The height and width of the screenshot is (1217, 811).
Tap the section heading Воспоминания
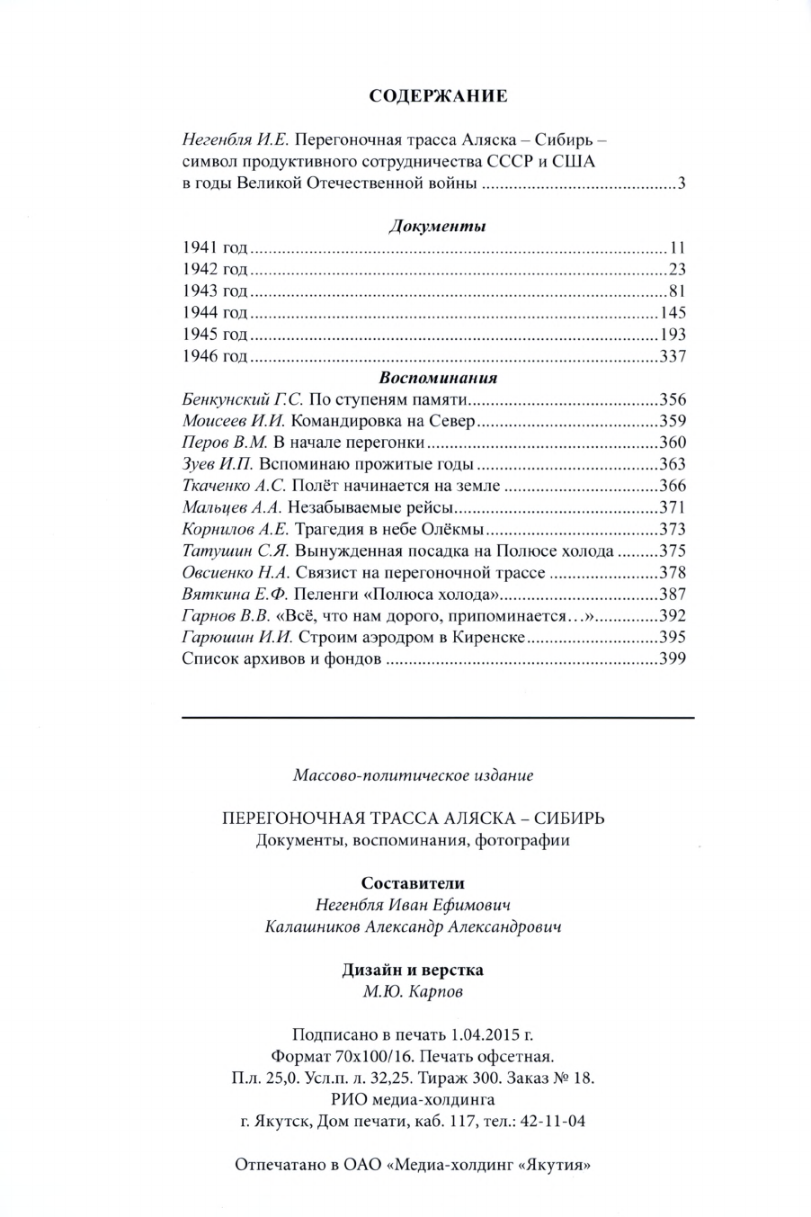pyautogui.click(x=438, y=378)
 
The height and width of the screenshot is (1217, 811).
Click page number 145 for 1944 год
pyautogui.click(x=672, y=313)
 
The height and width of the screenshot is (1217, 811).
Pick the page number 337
pyautogui.click(x=672, y=356)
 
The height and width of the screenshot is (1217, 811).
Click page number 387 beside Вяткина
pyautogui.click(x=672, y=594)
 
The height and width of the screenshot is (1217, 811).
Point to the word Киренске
pyautogui.click(x=489, y=637)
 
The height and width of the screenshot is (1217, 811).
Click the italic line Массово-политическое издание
pyautogui.click(x=413, y=774)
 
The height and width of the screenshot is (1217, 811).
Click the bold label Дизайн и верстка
pyautogui.click(x=413, y=971)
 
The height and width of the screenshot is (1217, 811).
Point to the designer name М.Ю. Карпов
pyautogui.click(x=413, y=993)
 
